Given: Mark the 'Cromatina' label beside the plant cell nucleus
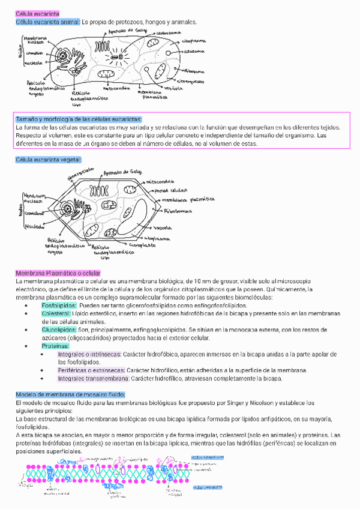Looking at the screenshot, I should [32, 213].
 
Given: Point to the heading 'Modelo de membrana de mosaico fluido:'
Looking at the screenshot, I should [70, 394].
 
